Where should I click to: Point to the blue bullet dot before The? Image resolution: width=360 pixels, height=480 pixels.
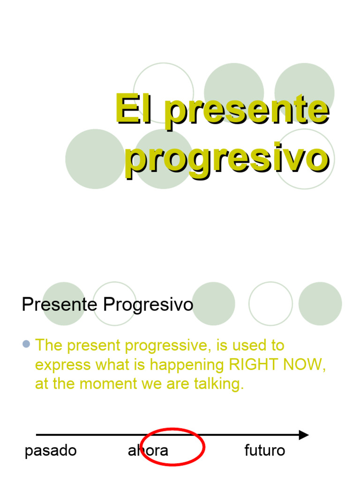(x=26, y=345)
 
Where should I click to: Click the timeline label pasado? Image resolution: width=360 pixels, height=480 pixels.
(x=51, y=451)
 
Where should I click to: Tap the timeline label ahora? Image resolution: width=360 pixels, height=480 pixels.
(x=148, y=451)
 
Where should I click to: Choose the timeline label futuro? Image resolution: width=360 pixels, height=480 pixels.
(x=265, y=451)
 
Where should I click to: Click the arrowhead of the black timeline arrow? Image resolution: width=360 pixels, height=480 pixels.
(x=304, y=435)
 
